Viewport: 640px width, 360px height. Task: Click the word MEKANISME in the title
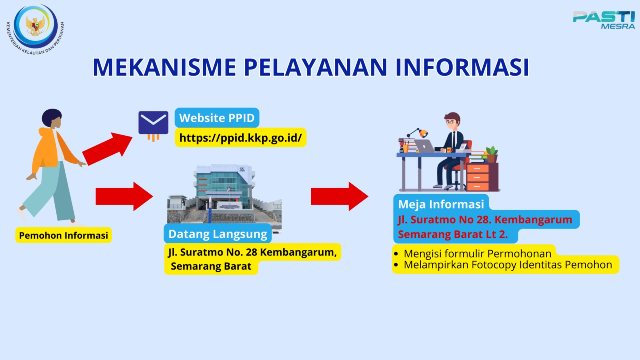tap(164, 68)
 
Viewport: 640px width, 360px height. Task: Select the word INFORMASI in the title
tap(462, 68)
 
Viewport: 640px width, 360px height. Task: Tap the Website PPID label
tap(217, 118)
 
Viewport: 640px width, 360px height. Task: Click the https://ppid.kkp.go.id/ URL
tap(240, 138)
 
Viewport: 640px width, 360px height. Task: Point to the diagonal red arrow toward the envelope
tap(108, 148)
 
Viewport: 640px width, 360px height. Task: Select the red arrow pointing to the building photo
tap(124, 196)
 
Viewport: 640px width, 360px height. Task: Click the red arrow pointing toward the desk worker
tap(340, 196)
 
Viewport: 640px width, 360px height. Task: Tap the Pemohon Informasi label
tap(64, 235)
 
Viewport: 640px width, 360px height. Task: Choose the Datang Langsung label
tap(218, 234)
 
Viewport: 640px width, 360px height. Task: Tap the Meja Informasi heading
tap(441, 204)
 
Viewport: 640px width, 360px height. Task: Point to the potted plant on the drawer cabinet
tap(492, 154)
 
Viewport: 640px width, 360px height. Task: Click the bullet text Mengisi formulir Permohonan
tap(478, 254)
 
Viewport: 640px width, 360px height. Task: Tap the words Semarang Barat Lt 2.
tap(453, 234)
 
